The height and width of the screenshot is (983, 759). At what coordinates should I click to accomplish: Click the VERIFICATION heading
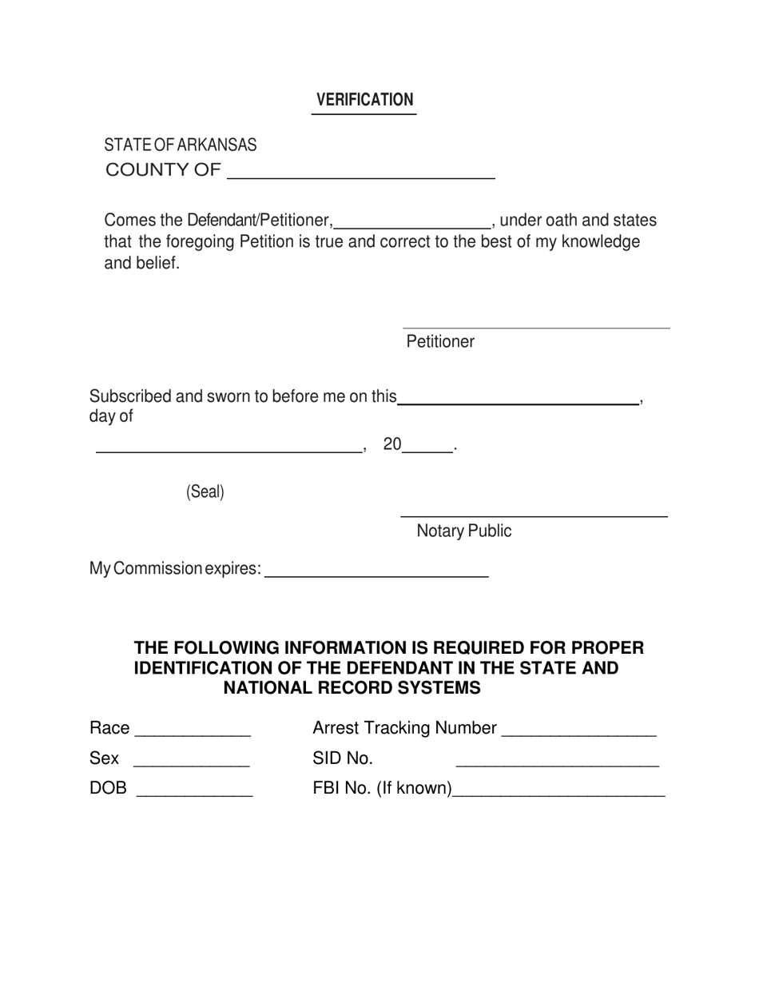pyautogui.click(x=364, y=100)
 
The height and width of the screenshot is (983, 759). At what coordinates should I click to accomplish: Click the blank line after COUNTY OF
pyautogui.click(x=361, y=174)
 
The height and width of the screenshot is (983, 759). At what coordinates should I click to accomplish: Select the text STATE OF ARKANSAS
pyautogui.click(x=181, y=145)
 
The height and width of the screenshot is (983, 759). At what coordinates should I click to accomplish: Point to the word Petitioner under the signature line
pyautogui.click(x=440, y=342)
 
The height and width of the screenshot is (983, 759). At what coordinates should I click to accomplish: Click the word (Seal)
pyautogui.click(x=205, y=492)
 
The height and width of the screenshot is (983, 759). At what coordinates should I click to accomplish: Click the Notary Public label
pyautogui.click(x=464, y=531)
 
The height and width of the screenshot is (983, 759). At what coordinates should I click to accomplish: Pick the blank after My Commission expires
pyautogui.click(x=376, y=572)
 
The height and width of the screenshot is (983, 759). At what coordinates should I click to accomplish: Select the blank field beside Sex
pyautogui.click(x=191, y=762)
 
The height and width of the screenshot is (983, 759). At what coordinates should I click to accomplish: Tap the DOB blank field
pyautogui.click(x=195, y=793)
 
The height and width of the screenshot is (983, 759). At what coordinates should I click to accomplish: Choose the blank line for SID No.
pyautogui.click(x=557, y=762)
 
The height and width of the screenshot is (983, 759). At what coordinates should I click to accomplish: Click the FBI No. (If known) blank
pyautogui.click(x=558, y=793)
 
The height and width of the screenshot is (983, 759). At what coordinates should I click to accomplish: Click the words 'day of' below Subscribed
pyautogui.click(x=111, y=416)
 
